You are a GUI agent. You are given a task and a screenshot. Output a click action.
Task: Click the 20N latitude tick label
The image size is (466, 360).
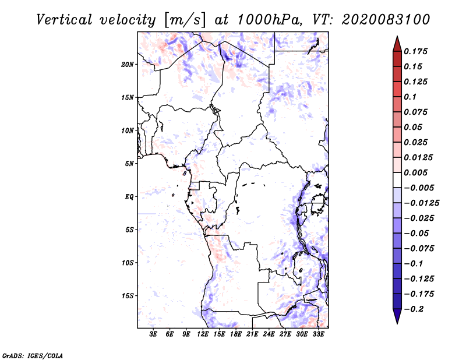coord(127,65)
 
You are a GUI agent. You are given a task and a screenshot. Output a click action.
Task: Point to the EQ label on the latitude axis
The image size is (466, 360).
coord(129,197)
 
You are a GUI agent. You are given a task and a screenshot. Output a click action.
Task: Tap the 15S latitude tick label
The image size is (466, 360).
coord(127,296)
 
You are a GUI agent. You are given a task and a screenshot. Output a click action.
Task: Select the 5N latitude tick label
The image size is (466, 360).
coord(129,164)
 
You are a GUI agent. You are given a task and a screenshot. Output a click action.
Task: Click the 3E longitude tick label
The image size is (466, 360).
coord(153,334)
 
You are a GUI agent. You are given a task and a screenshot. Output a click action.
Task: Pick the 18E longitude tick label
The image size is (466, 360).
coord(236,334)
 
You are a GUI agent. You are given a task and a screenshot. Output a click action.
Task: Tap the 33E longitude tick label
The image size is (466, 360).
coord(318,334)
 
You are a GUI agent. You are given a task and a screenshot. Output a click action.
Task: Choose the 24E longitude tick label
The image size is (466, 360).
coord(269,334)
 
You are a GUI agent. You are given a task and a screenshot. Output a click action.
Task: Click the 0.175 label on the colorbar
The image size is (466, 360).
coord(415,51)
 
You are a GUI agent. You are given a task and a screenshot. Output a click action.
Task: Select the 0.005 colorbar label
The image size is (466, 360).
coord(415,172)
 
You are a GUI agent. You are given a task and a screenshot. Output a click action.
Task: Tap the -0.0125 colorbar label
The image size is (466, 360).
coord(421,203)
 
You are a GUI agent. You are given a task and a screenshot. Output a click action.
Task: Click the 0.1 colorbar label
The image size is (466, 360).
coord(410,97)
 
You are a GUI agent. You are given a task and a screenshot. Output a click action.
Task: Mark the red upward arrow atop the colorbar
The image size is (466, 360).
coord(397,44)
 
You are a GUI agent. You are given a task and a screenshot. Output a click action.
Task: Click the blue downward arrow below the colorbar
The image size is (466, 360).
coord(397,316)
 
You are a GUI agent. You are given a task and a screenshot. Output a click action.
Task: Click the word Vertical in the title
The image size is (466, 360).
coord(64,20)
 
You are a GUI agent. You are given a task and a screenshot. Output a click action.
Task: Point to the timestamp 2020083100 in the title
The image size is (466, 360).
coord(386,20)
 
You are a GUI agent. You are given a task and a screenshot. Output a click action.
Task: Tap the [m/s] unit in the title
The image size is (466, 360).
coord(185,20)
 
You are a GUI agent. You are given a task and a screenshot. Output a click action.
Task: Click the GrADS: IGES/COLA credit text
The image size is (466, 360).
coord(33,356)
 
